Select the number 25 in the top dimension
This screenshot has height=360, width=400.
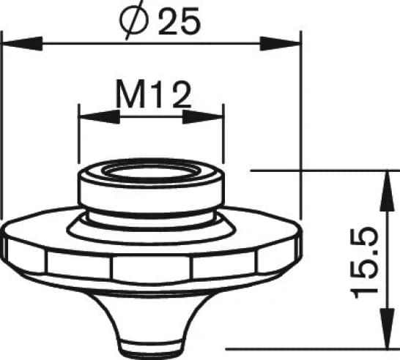click(x=179, y=23)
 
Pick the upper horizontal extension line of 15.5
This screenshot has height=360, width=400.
click(x=322, y=170)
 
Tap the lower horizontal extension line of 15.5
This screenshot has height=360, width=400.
click(x=308, y=350)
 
